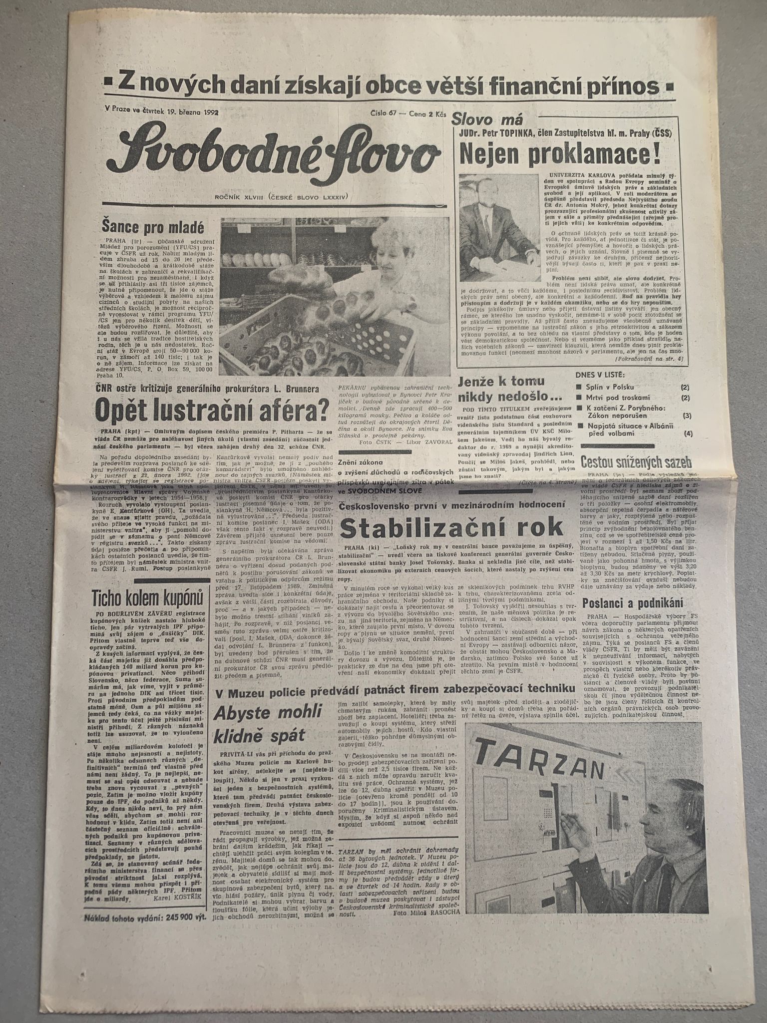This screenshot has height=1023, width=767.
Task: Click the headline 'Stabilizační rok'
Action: click(453, 527)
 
